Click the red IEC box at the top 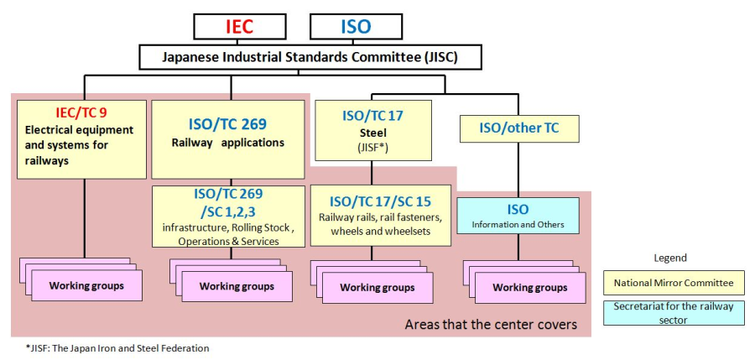click(239, 26)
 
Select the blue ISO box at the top click(356, 26)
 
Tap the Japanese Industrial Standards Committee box click(310, 57)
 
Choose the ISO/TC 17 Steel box click(372, 130)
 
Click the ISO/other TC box click(518, 128)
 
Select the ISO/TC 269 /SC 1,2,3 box click(228, 217)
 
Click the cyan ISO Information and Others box click(518, 217)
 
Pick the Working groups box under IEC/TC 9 click(86, 286)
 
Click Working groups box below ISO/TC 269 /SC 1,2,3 click(237, 286)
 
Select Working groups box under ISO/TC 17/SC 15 click(377, 288)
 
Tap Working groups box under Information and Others click(529, 288)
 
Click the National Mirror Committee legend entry click(673, 283)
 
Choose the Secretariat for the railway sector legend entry click(673, 312)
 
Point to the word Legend click(669, 258)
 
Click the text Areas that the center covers click(491, 324)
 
